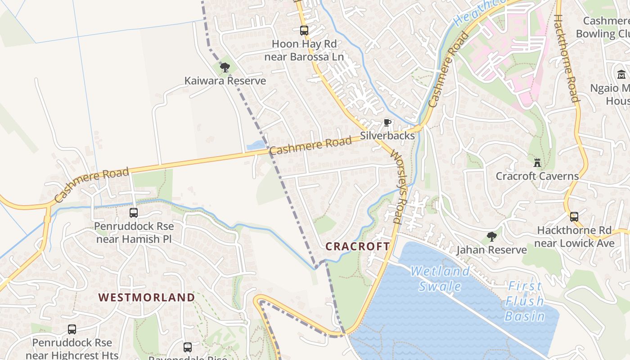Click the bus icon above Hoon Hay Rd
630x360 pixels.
click(x=304, y=31)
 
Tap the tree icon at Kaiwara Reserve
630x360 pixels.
click(x=225, y=68)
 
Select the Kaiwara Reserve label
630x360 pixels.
click(x=225, y=81)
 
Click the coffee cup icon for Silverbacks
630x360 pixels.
click(x=387, y=123)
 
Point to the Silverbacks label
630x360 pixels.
click(x=387, y=135)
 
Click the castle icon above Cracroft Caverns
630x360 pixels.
click(x=537, y=162)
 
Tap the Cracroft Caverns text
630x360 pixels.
click(x=537, y=176)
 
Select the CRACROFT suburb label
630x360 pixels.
click(x=357, y=247)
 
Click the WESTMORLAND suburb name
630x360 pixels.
click(x=147, y=297)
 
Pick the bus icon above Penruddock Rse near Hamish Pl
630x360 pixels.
click(x=134, y=213)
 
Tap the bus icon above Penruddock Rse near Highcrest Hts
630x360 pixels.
click(x=72, y=329)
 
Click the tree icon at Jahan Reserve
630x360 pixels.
click(x=491, y=236)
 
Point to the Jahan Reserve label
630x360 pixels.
click(x=491, y=250)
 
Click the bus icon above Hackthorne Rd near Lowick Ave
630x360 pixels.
click(x=574, y=217)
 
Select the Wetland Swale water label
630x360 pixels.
click(x=441, y=279)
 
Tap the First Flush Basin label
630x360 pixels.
click(x=525, y=301)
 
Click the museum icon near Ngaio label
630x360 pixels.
click(x=621, y=75)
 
